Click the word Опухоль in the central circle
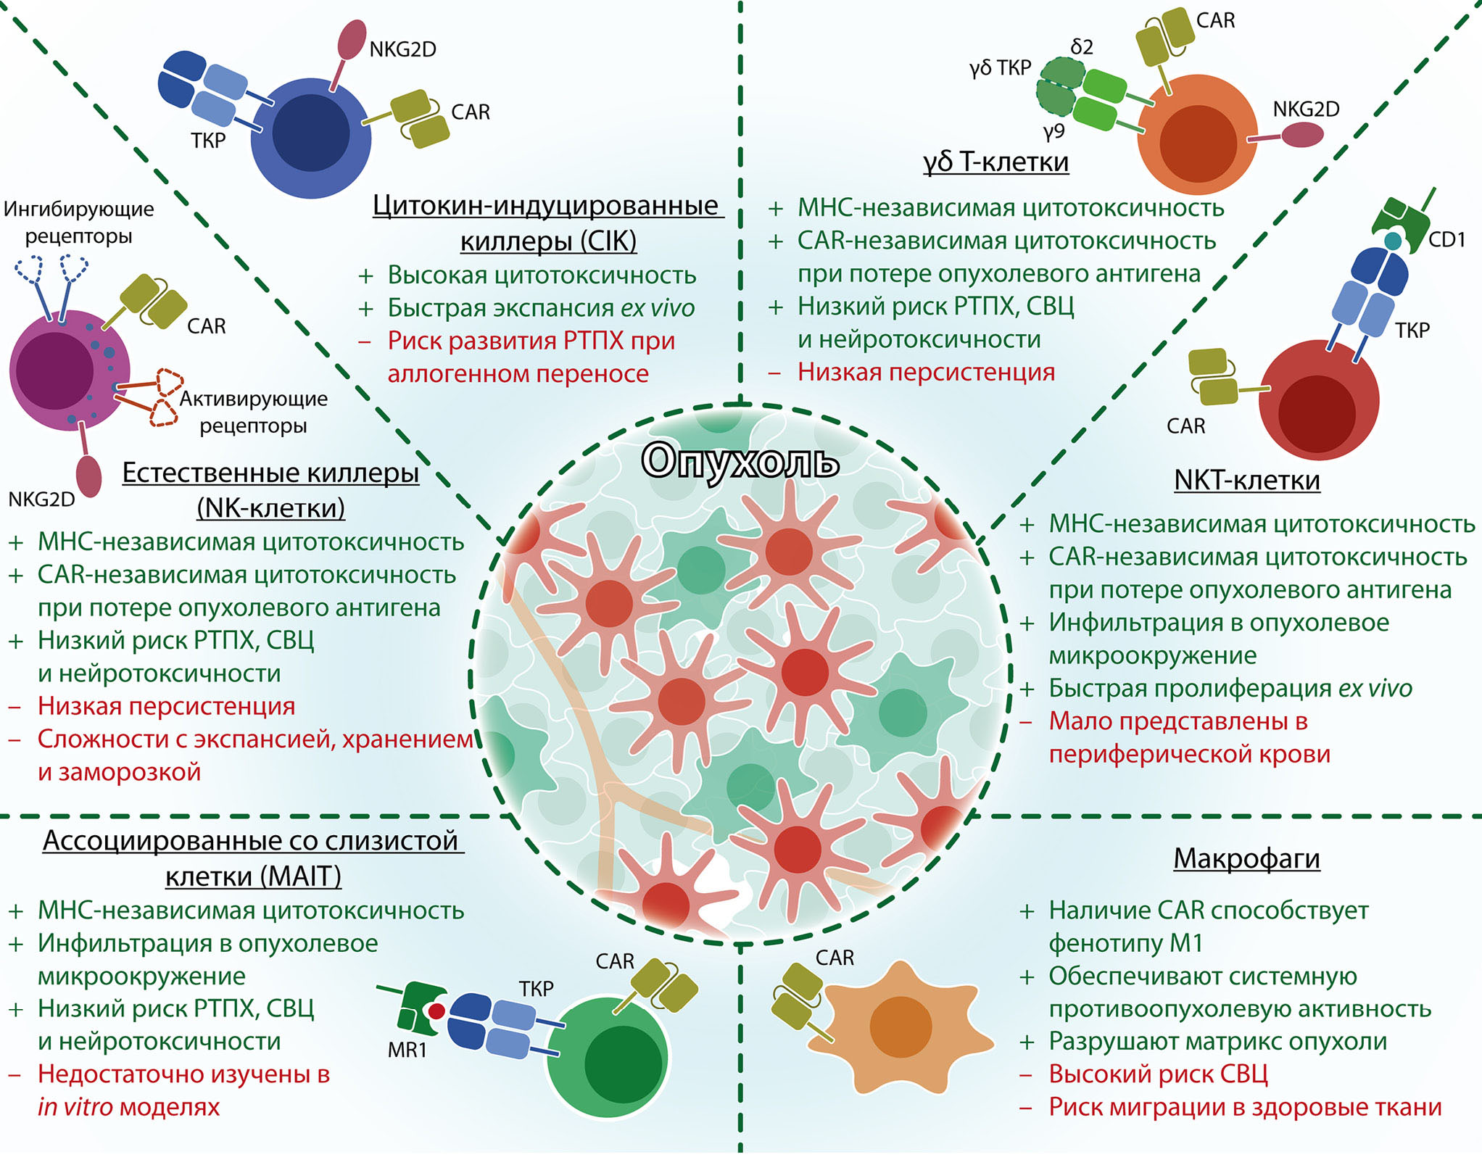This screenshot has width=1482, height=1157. pyautogui.click(x=740, y=461)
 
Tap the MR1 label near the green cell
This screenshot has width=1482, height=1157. pyautogui.click(x=407, y=1049)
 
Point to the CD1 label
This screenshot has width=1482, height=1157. pyautogui.click(x=1446, y=239)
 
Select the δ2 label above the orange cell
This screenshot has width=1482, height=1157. pyautogui.click(x=1082, y=47)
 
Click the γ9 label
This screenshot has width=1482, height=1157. pyautogui.click(x=1053, y=131)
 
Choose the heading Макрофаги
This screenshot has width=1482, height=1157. pyautogui.click(x=1246, y=858)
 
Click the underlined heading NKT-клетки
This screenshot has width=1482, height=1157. pyautogui.click(x=1246, y=480)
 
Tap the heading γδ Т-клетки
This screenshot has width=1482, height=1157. pyautogui.click(x=995, y=162)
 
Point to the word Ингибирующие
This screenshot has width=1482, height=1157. pyautogui.click(x=79, y=209)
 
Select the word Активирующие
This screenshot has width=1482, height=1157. pyautogui.click(x=254, y=399)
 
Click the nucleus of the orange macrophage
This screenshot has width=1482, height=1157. pyautogui.click(x=900, y=1027)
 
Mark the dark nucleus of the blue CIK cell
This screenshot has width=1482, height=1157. pyautogui.click(x=310, y=133)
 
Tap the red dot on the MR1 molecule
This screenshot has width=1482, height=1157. pyautogui.click(x=436, y=1011)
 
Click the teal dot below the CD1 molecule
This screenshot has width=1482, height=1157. pyautogui.click(x=1393, y=241)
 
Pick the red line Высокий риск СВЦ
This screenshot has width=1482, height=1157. pyautogui.click(x=1158, y=1074)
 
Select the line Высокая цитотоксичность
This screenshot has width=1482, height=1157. pyautogui.click(x=542, y=275)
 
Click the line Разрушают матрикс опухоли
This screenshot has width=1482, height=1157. pyautogui.click(x=1217, y=1041)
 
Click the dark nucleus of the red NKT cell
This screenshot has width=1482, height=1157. pyautogui.click(x=1317, y=413)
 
